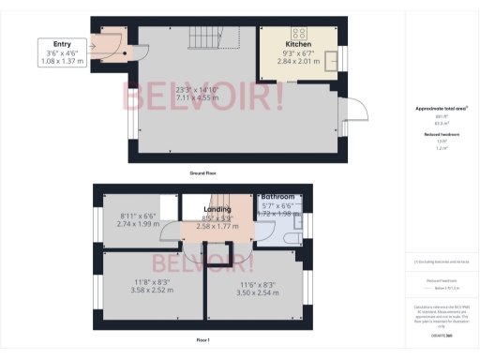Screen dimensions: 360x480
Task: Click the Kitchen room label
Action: point(299,44)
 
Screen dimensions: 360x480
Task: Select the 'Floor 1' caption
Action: point(203,339)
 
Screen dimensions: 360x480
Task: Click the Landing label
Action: point(217,210)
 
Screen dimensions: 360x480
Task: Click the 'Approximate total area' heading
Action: point(441,109)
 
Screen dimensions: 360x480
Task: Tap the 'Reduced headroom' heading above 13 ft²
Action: point(441,134)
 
